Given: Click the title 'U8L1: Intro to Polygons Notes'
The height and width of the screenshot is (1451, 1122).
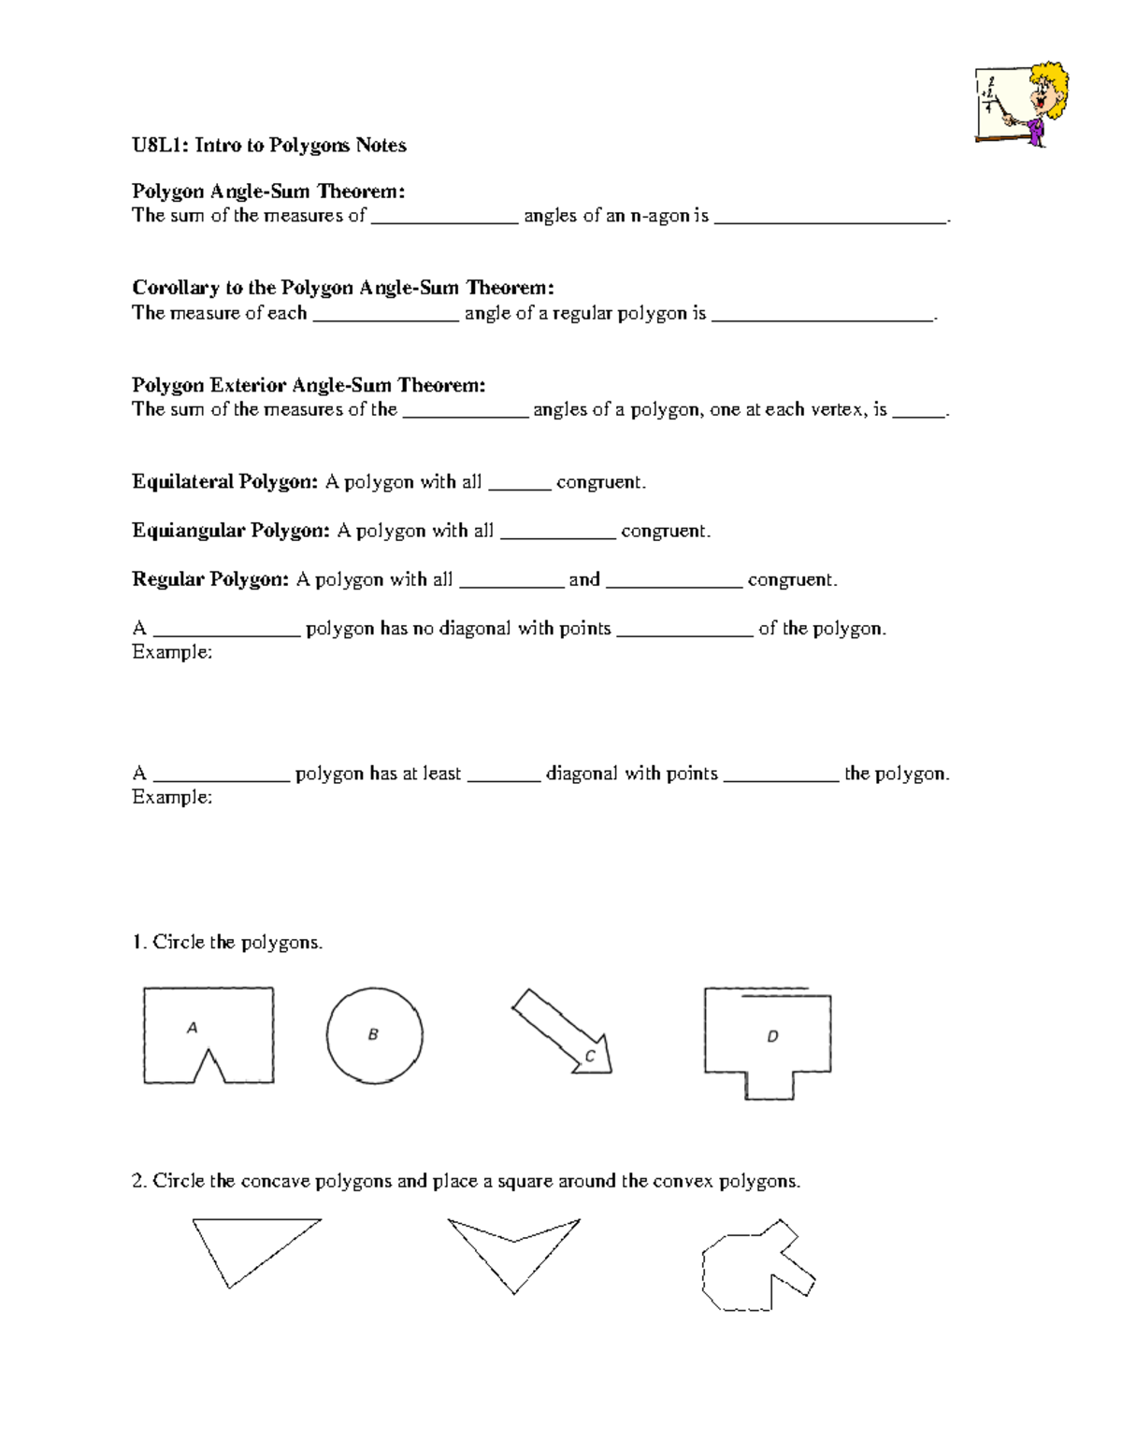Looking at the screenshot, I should [268, 145].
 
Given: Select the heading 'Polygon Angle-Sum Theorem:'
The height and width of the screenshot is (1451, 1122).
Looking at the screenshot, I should [267, 192].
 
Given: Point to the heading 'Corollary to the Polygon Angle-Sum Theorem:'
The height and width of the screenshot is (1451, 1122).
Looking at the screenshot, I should [342, 288].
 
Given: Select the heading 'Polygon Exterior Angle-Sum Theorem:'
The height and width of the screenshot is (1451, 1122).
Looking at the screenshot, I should [308, 385].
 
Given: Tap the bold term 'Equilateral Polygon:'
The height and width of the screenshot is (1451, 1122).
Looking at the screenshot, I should [224, 482].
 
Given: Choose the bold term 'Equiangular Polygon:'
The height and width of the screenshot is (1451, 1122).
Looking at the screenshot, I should [230, 531].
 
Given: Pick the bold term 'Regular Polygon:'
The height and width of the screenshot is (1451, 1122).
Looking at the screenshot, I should [210, 579].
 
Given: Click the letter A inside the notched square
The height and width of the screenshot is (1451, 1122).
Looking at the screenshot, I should [192, 1028].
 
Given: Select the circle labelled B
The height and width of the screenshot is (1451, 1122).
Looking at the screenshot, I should [374, 1035].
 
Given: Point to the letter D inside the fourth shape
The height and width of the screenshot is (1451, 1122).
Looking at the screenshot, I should [772, 1036].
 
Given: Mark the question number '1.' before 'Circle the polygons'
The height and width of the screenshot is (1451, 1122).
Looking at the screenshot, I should [139, 942].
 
